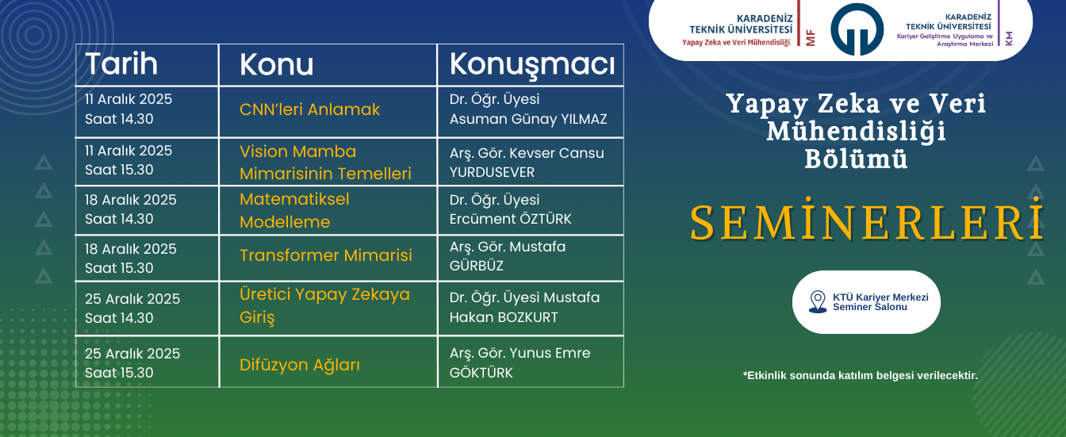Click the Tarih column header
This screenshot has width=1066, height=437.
(x=121, y=64)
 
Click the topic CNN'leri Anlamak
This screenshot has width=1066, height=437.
(x=310, y=110)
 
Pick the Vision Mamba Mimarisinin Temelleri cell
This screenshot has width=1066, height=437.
(x=325, y=163)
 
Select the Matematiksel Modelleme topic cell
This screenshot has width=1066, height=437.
(x=295, y=211)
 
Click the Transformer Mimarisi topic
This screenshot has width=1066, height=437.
(x=326, y=255)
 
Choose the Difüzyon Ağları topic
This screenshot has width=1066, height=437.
(x=300, y=366)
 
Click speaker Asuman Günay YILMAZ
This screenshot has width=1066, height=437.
(x=527, y=110)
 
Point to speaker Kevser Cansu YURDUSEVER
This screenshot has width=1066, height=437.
(x=527, y=163)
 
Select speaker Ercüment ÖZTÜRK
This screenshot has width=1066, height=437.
(x=510, y=210)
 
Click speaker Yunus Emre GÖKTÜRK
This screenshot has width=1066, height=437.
(x=520, y=363)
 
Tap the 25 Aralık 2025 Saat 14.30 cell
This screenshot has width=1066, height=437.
(x=132, y=309)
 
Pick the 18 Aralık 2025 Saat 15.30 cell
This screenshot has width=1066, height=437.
(x=131, y=259)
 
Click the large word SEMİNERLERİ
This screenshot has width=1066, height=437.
(x=865, y=223)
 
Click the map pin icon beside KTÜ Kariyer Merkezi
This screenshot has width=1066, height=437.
(x=817, y=302)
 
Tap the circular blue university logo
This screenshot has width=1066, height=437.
(x=857, y=29)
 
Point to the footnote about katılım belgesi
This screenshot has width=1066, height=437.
(x=860, y=375)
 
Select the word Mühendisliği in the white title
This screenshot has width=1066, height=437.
(x=856, y=131)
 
